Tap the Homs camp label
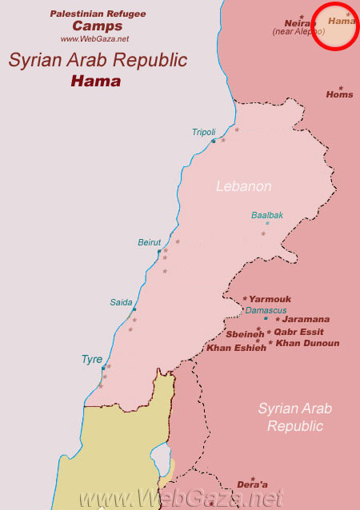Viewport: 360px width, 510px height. (339, 94)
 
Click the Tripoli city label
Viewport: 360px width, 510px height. (203, 132)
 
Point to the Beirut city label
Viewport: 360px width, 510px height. (150, 242)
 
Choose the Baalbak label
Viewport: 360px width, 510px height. (267, 215)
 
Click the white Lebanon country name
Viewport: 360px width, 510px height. (244, 186)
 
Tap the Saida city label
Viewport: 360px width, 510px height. (121, 302)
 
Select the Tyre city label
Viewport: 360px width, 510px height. (92, 360)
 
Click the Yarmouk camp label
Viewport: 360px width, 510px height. (270, 299)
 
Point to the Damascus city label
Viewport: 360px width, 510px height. (266, 310)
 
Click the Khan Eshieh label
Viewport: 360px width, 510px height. (236, 348)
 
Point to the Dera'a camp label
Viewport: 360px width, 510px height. (252, 484)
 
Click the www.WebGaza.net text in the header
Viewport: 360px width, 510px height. (94, 38)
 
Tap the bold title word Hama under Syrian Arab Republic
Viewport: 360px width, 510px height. (96, 81)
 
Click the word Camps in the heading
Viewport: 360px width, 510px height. (98, 26)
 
